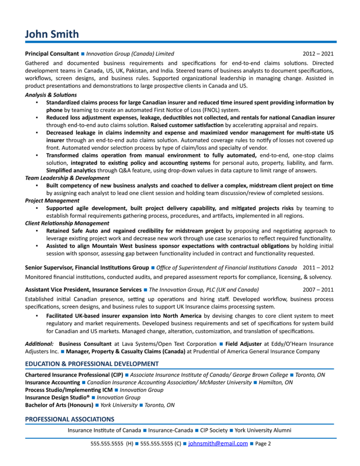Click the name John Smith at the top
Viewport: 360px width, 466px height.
[52, 34]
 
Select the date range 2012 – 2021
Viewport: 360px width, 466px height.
[318, 54]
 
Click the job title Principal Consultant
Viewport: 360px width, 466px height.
[52, 54]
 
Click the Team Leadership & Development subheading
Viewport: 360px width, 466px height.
[67, 178]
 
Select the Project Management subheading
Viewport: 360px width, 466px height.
[52, 200]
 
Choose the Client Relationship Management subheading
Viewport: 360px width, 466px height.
[67, 223]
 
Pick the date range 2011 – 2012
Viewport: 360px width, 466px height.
[318, 268]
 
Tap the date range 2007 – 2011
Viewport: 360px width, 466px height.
[318, 289]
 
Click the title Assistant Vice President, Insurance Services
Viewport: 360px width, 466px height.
[83, 289]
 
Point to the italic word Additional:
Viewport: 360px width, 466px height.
[40, 344]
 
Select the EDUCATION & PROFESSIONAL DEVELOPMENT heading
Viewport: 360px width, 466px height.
[92, 364]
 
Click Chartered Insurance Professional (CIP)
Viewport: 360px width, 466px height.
[74, 375]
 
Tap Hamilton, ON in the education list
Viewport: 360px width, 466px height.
[275, 383]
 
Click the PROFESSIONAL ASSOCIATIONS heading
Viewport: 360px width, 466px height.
[70, 419]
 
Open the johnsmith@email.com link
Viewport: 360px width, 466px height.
[218, 443]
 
